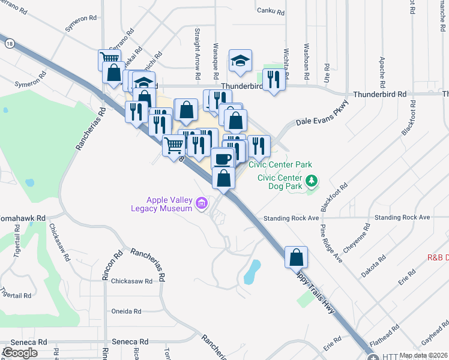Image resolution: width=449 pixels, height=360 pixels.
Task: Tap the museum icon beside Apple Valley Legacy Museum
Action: click(x=202, y=204)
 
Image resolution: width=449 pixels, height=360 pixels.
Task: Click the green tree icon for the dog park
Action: click(x=312, y=180)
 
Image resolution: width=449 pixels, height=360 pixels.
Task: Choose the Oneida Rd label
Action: click(x=126, y=311)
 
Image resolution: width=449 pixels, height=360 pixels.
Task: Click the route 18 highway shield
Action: click(x=8, y=43)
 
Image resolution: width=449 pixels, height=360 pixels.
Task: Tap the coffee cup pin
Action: click(x=222, y=160)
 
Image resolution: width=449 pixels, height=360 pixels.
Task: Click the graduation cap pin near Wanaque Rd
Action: click(x=240, y=61)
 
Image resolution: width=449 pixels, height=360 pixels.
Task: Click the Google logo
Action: click(x=20, y=353)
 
